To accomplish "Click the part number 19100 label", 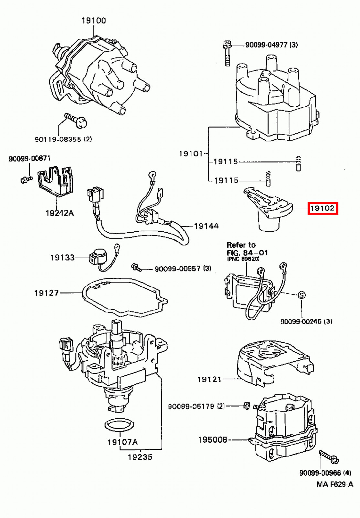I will pyautogui.click(x=93, y=21).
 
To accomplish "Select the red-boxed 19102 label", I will pyautogui.click(x=322, y=208).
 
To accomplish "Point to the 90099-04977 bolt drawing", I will pyautogui.click(x=227, y=53).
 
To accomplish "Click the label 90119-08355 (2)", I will pyautogui.click(x=63, y=139).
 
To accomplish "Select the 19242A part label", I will pyautogui.click(x=60, y=213).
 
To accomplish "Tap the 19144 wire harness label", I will pyautogui.click(x=206, y=226).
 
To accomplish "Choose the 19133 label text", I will pyautogui.click(x=62, y=257).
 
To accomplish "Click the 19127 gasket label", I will pyautogui.click(x=47, y=293).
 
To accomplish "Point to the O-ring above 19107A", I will pyautogui.click(x=120, y=425).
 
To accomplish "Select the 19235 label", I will pyautogui.click(x=140, y=457).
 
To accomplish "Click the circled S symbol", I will pyautogui.click(x=301, y=295).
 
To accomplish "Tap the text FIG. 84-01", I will pyautogui.click(x=247, y=253).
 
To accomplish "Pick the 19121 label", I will pyautogui.click(x=209, y=379).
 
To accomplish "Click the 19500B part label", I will pyautogui.click(x=213, y=439).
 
